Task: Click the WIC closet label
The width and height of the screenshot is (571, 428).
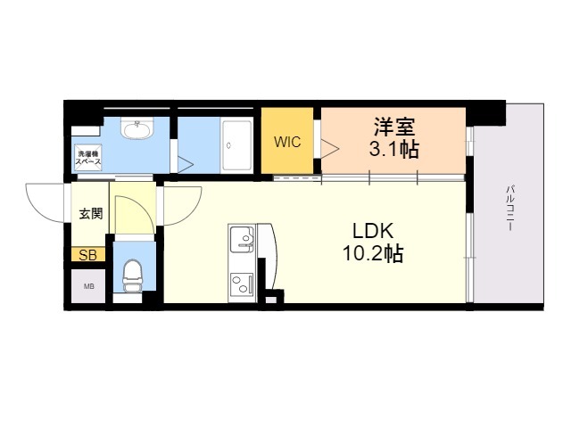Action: [286, 141]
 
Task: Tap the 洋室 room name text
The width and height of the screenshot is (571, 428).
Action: [393, 127]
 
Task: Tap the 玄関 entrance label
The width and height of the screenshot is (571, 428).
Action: [90, 213]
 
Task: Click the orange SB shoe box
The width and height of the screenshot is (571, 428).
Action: [89, 255]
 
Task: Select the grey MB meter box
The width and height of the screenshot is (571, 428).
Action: [89, 286]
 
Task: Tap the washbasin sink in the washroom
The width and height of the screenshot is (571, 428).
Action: [137, 132]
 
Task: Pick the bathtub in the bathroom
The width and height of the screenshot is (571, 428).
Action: [238, 143]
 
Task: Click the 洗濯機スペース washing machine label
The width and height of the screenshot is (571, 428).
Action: [88, 159]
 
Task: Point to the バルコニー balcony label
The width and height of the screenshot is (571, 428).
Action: [509, 208]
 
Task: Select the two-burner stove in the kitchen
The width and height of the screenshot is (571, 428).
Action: [242, 284]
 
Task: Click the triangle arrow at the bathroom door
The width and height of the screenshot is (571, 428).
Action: [186, 165]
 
